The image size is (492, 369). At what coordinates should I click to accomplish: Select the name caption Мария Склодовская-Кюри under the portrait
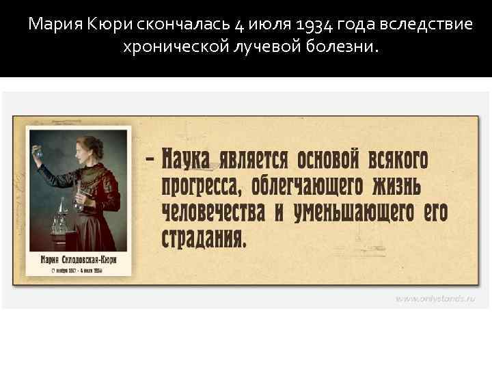coord(76,260)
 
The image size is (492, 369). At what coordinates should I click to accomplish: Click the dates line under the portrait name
coord(76,271)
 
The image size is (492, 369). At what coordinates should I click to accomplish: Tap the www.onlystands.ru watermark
coord(436,298)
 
